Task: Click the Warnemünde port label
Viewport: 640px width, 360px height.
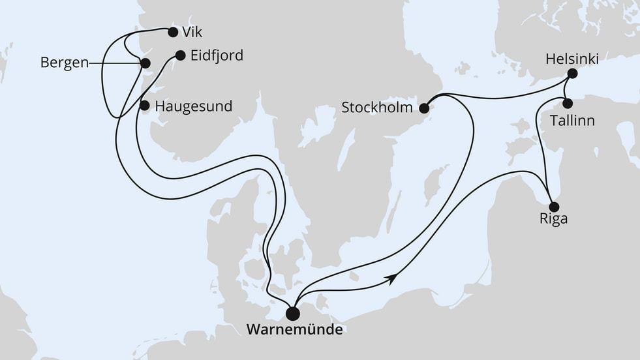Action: coord(294,330)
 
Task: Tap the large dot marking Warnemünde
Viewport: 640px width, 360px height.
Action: coord(293,314)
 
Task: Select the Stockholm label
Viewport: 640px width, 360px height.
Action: coord(377,107)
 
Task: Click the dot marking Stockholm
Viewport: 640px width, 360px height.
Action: coord(425,108)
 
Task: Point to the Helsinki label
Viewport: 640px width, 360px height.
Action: coord(571,60)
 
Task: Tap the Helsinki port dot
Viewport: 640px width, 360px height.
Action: coord(572,74)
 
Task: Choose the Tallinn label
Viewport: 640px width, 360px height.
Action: coord(571,121)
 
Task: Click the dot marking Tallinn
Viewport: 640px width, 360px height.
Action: coord(568,103)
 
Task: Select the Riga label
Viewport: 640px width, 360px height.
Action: coord(553,218)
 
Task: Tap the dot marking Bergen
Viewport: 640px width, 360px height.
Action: coord(145,63)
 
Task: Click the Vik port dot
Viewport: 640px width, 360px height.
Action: coord(173,32)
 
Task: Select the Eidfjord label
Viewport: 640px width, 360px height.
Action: coord(217,56)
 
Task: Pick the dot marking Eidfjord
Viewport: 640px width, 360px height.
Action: coord(181,56)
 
